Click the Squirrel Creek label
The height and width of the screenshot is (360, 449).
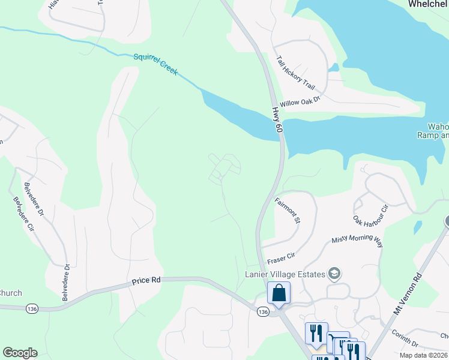pos(155,63)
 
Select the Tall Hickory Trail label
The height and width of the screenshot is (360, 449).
pos(296,72)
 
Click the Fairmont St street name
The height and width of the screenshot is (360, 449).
pos(287,211)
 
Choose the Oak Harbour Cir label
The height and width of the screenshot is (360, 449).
pos(372,212)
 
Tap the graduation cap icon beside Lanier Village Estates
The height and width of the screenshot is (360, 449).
pos(334,275)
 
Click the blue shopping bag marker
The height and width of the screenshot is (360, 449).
pos(279,294)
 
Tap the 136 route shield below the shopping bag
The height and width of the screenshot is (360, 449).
pos(262,312)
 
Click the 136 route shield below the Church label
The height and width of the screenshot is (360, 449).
pos(32,308)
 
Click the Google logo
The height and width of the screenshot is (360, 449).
pos(20,353)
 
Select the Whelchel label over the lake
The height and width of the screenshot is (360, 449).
pos(428,4)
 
